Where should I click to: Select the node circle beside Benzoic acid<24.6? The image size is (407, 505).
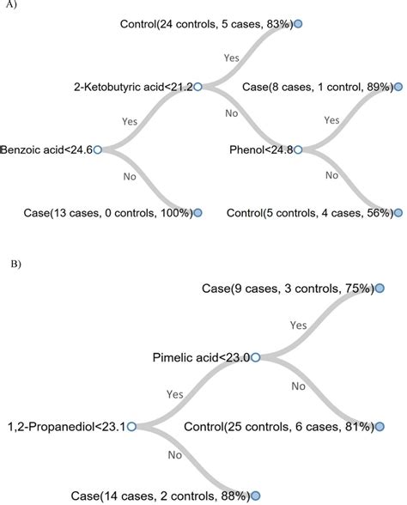[x=97, y=149]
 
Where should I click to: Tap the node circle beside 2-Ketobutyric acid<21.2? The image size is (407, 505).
[x=197, y=86]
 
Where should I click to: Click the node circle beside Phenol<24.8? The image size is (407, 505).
[x=299, y=149]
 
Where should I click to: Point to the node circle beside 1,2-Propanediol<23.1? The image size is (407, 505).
[x=131, y=425]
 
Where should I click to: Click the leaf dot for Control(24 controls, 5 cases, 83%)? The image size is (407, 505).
[x=298, y=23]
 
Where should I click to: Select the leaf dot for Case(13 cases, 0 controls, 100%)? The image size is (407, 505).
[x=197, y=211]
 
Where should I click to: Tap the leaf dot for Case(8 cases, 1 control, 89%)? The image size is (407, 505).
[x=398, y=86]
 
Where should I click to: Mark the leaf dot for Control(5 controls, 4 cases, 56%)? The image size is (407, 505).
[x=398, y=211]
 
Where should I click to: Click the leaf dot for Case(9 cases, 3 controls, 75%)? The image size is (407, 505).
[x=379, y=289]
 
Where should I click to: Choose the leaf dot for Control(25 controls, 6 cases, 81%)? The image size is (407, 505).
[x=379, y=425]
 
